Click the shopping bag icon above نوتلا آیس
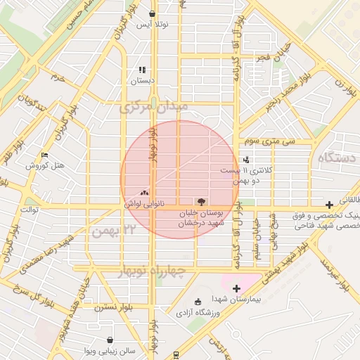pos(153,13)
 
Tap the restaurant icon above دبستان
pos(142,70)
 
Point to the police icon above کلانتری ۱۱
pos(245,160)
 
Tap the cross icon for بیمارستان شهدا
pos(236,288)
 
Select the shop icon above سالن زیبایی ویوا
pos(110,340)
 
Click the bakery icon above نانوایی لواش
pos(145,192)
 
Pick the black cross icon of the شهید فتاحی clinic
pos(329,204)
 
